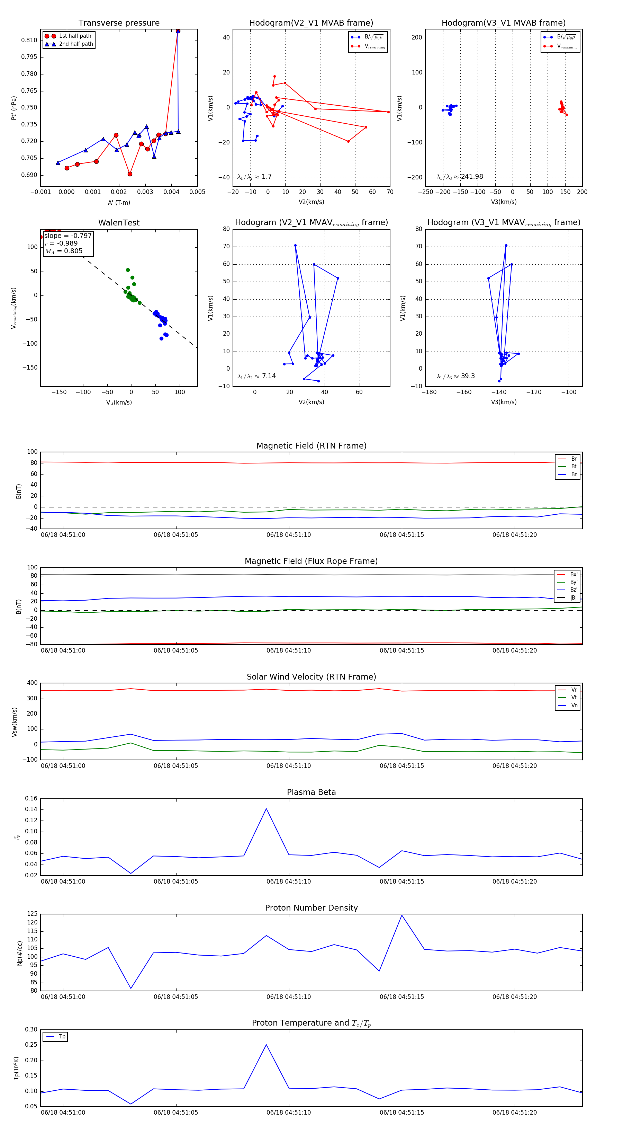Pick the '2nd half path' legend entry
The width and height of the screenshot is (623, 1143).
tap(76, 44)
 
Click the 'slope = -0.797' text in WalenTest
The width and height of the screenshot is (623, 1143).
tap(68, 236)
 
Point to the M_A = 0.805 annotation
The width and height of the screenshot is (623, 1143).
tap(63, 251)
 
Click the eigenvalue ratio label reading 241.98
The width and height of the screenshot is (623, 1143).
tap(471, 177)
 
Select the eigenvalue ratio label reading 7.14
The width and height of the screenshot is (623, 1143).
tap(269, 376)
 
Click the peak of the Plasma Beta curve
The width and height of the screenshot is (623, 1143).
tap(266, 809)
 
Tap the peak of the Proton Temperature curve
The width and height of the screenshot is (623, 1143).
tap(266, 1045)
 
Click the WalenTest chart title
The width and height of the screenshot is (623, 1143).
tap(119, 223)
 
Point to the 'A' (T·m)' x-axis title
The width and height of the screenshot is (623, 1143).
tap(119, 203)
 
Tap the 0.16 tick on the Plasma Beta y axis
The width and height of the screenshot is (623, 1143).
tap(31, 799)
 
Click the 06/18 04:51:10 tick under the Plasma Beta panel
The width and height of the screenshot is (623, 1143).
tap(289, 881)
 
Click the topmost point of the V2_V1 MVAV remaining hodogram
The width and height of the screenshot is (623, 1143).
tap(295, 245)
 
